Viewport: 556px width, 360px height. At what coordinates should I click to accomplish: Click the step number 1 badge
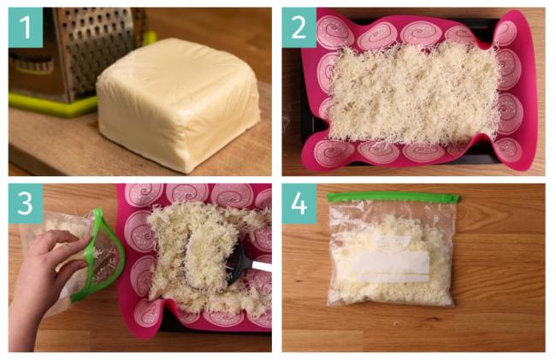[x=26, y=27]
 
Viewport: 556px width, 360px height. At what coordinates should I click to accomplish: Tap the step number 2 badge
[x=299, y=27]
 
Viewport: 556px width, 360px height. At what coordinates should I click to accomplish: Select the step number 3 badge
[x=26, y=204]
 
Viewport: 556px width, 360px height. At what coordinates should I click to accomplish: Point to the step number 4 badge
[x=299, y=204]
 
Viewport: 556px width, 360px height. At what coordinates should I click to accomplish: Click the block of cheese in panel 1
[x=179, y=103]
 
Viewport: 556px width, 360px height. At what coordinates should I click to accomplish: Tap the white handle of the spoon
[x=262, y=267]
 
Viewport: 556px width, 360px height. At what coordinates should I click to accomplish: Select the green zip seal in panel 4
[x=392, y=197]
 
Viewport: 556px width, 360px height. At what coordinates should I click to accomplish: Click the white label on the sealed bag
[x=390, y=264]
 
